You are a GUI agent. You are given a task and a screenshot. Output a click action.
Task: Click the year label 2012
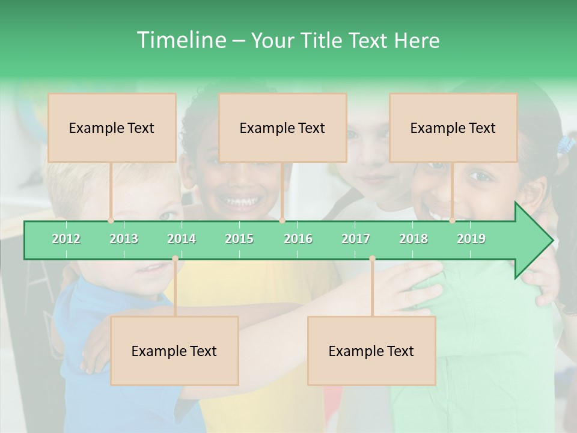pos(66,239)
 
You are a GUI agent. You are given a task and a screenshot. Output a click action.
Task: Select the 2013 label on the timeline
pos(124,239)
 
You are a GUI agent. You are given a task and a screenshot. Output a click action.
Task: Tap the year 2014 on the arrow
pos(182,239)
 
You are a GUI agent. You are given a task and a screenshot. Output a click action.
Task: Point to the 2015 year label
pos(239,239)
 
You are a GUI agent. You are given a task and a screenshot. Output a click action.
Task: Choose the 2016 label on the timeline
pos(298,239)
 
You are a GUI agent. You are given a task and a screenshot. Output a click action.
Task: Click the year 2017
pos(356,239)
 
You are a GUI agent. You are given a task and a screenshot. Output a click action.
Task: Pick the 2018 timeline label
pos(414,239)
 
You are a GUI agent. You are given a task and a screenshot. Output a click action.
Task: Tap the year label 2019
pos(471,239)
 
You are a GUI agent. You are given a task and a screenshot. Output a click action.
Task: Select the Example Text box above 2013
pos(112,127)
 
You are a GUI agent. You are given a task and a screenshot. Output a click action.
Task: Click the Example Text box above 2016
pos(282,127)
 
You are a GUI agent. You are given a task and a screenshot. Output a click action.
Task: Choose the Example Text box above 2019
pos(453,127)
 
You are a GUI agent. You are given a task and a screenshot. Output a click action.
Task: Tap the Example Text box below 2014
pos(174,351)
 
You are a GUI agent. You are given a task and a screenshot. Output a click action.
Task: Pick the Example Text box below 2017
pos(371,351)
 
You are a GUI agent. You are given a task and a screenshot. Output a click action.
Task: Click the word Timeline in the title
pos(180,40)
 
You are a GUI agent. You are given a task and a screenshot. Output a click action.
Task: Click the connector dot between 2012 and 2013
pos(111,221)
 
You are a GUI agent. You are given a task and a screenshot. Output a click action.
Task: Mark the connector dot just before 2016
pos(282,221)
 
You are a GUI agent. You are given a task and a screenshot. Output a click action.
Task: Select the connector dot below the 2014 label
pos(175,259)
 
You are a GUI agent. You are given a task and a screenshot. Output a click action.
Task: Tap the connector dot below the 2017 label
pos(372,259)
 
